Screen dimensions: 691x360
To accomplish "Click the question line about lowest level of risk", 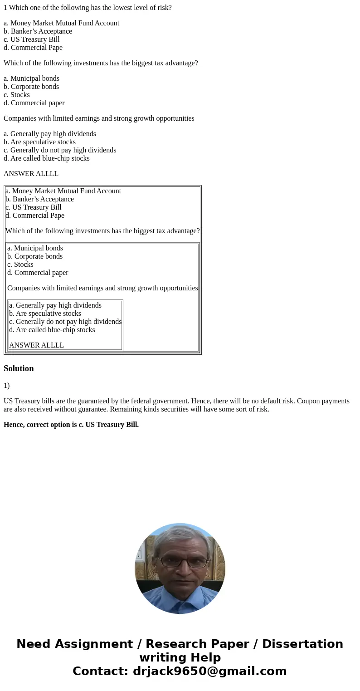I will point(88,8).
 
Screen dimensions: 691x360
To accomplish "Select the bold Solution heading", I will point(19,368).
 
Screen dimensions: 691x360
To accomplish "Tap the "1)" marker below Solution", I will point(6,386).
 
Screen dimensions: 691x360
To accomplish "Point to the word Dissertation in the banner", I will point(302,644).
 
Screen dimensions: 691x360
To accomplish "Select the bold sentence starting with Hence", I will point(71,425).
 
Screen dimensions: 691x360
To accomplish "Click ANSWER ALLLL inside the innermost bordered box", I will point(36,345).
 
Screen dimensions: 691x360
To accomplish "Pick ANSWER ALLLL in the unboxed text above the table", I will point(31,174).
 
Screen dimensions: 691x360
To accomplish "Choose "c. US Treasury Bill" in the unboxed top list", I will point(32,39).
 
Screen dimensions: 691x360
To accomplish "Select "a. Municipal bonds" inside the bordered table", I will point(35,248).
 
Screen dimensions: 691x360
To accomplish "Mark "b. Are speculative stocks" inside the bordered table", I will point(45,314).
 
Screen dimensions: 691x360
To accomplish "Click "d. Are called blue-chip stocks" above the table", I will point(47,158).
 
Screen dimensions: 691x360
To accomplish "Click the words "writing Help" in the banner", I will point(180,658).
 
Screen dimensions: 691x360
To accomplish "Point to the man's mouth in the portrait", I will point(180,582).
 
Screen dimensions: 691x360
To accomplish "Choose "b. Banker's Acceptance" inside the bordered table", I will point(39,199).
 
